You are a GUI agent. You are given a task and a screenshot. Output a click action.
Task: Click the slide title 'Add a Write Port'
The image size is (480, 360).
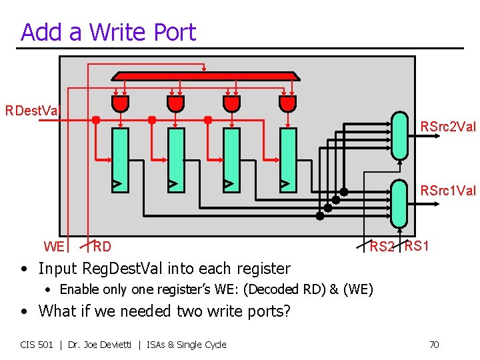[x=108, y=32]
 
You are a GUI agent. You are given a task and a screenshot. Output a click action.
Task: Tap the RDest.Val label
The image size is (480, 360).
[x=32, y=110]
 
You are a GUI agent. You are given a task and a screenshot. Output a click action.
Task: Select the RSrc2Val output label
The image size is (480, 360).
[x=448, y=126]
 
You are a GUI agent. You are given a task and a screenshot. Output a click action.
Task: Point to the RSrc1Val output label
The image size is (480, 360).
[x=448, y=191]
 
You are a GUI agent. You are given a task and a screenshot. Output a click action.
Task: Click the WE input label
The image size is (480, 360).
[x=54, y=247]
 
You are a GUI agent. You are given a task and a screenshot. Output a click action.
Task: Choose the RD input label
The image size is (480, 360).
[x=102, y=247]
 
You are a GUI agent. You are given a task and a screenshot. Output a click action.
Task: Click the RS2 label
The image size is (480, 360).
[x=383, y=247]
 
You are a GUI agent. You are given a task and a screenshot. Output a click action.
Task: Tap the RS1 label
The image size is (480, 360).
[x=417, y=246]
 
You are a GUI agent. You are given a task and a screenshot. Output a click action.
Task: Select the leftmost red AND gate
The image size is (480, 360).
[x=120, y=103]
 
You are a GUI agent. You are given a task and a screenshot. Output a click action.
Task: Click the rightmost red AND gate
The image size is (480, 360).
[x=287, y=103]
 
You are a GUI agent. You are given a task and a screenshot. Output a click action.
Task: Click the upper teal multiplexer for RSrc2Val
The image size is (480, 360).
[x=399, y=135]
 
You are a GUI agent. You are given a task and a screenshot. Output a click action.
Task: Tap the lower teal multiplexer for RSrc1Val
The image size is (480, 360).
[x=399, y=203]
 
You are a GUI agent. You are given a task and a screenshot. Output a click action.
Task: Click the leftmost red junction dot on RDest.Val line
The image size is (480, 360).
[x=96, y=120]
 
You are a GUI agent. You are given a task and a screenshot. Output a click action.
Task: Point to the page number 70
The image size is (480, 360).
[x=433, y=345]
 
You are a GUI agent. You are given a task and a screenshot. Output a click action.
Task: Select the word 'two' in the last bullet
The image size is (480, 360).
[x=185, y=311]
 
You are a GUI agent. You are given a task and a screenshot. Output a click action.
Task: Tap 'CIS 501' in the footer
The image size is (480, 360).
[x=37, y=345]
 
